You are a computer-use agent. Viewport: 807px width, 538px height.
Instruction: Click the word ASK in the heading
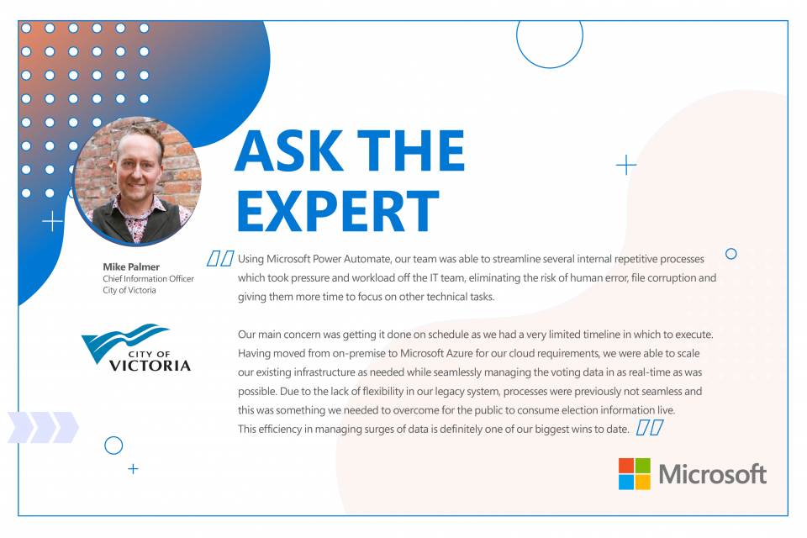[x=289, y=150]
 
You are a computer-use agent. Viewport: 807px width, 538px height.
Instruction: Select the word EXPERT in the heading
[x=338, y=210]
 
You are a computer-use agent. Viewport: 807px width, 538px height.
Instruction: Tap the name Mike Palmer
[x=131, y=266]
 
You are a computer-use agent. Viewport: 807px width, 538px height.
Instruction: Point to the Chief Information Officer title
[x=148, y=278]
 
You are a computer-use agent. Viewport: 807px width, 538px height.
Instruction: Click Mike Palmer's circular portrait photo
[x=137, y=180]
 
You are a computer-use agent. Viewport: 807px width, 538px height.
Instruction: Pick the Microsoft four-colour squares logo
[x=634, y=473]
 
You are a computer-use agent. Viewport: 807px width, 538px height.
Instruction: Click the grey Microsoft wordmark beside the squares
[x=713, y=474]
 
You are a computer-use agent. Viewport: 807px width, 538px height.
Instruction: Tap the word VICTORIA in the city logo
[x=150, y=366]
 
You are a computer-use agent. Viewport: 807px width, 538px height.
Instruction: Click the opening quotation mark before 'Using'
[x=220, y=258]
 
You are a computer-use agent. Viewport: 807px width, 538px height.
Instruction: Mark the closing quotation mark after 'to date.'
[x=650, y=427]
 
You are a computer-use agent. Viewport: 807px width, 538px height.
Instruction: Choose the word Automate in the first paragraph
[x=367, y=258]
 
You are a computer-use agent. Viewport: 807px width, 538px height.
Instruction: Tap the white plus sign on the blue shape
[x=52, y=221]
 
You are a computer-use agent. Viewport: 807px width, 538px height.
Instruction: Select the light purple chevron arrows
[x=43, y=427]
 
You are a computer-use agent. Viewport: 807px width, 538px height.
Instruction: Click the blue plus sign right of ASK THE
[x=626, y=165]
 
